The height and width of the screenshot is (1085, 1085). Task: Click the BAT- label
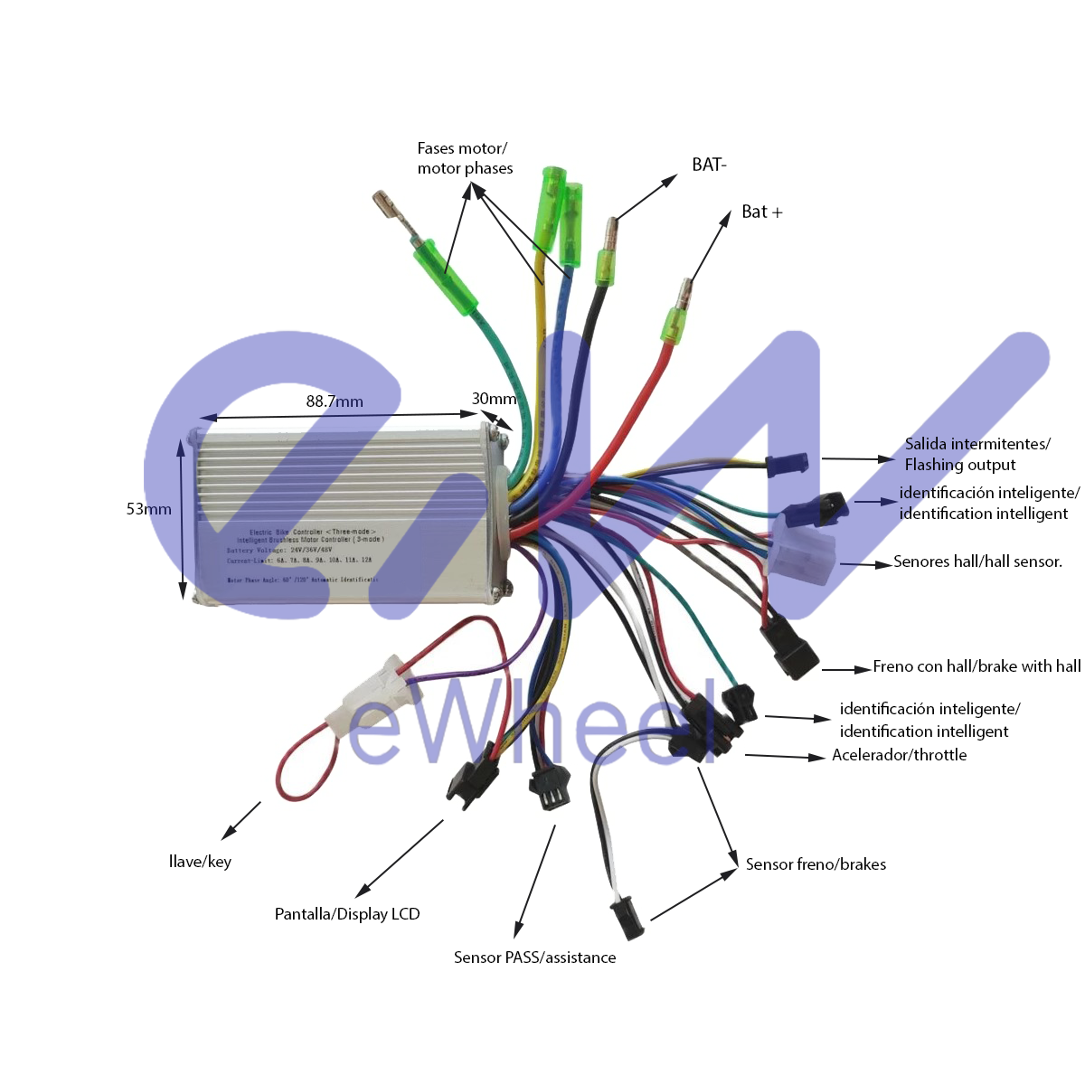coord(709,165)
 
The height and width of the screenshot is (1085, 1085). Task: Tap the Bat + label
coord(761,212)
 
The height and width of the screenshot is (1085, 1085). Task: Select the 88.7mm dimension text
coord(335,401)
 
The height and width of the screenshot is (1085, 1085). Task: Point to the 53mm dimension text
coord(148,509)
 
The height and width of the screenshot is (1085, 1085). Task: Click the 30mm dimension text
coord(494,399)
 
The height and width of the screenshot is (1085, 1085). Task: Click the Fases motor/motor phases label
coord(465,158)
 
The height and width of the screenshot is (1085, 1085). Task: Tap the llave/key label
coord(200,862)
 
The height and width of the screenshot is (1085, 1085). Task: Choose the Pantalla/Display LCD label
coord(347,914)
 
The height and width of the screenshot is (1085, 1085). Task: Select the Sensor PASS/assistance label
coord(534,958)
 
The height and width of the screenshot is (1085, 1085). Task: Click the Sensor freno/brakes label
coord(816,864)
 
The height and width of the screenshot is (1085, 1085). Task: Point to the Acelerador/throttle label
coord(899,755)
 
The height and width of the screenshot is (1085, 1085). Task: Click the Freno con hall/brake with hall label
coord(976,666)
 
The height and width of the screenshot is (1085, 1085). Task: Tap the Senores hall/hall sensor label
coord(977,561)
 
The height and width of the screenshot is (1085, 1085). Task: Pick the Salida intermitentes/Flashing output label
coord(976,454)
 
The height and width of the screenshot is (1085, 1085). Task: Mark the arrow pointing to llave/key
coord(241,820)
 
